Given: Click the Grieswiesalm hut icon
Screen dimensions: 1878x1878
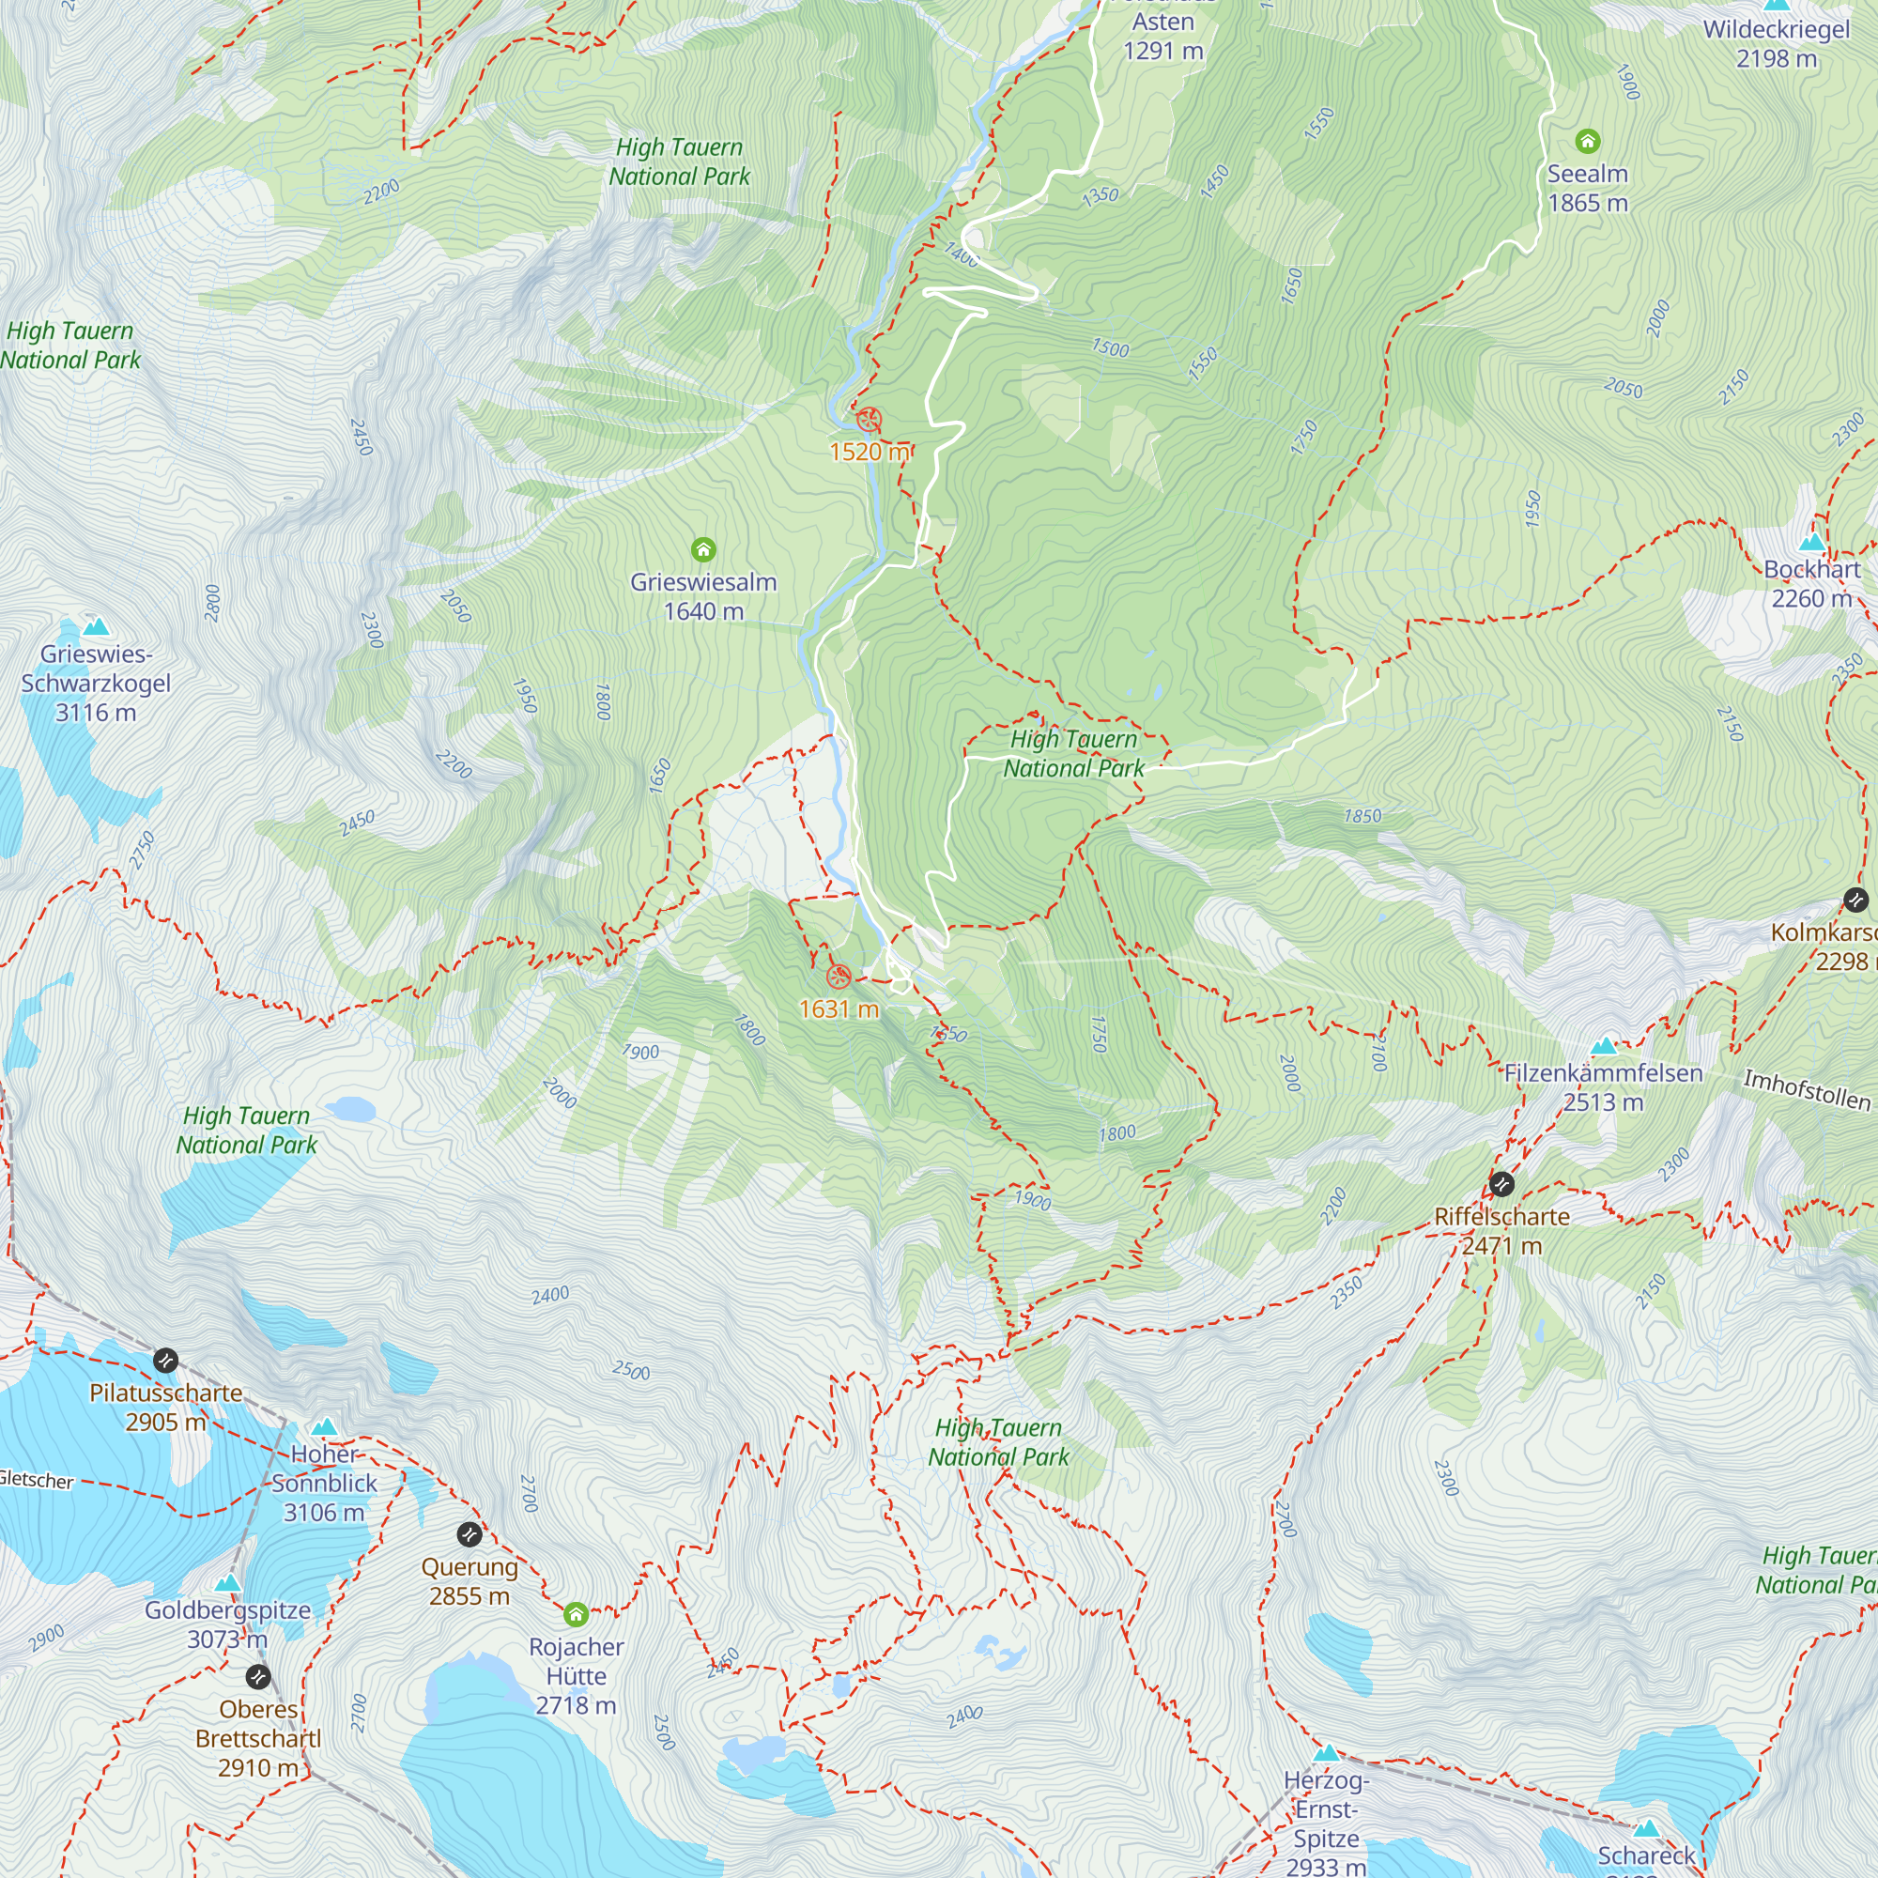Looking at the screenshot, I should pyautogui.click(x=703, y=550).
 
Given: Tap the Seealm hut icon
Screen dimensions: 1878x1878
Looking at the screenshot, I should pyautogui.click(x=1587, y=142).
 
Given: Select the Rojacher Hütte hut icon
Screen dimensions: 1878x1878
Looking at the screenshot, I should pyautogui.click(x=576, y=1614).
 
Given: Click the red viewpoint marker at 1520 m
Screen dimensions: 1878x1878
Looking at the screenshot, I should pyautogui.click(x=869, y=421).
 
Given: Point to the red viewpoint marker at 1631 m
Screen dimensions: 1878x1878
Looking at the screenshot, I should pyautogui.click(x=839, y=977).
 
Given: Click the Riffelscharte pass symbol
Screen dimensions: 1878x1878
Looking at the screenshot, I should pyautogui.click(x=1501, y=1184).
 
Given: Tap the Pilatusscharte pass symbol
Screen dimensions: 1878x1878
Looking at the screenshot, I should pyautogui.click(x=165, y=1360).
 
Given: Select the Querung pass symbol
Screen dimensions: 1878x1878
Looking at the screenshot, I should pyautogui.click(x=469, y=1535).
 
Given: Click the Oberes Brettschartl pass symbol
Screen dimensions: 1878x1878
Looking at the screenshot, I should pyautogui.click(x=257, y=1677).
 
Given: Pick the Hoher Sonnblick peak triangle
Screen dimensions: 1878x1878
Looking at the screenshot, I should pyautogui.click(x=325, y=1427).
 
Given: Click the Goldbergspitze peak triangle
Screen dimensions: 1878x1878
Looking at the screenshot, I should pyautogui.click(x=227, y=1583).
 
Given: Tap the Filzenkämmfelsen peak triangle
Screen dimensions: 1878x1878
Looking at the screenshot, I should pyautogui.click(x=1604, y=1046).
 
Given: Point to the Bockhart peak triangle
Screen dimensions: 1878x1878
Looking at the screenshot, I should pyautogui.click(x=1812, y=543).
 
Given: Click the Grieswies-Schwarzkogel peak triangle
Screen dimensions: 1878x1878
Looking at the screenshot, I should pyautogui.click(x=95, y=626).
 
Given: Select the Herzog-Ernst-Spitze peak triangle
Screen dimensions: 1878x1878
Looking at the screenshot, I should pyautogui.click(x=1326, y=1753).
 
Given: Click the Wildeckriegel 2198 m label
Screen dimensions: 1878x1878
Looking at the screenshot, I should pyautogui.click(x=1776, y=44).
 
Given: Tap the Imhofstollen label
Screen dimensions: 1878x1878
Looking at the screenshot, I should pyautogui.click(x=1806, y=1088).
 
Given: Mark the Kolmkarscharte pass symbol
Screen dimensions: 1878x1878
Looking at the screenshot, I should pyautogui.click(x=1855, y=901).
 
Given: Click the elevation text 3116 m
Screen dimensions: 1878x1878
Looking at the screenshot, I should pyautogui.click(x=95, y=713).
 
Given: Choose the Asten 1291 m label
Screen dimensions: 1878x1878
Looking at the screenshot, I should pyautogui.click(x=1162, y=36).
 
